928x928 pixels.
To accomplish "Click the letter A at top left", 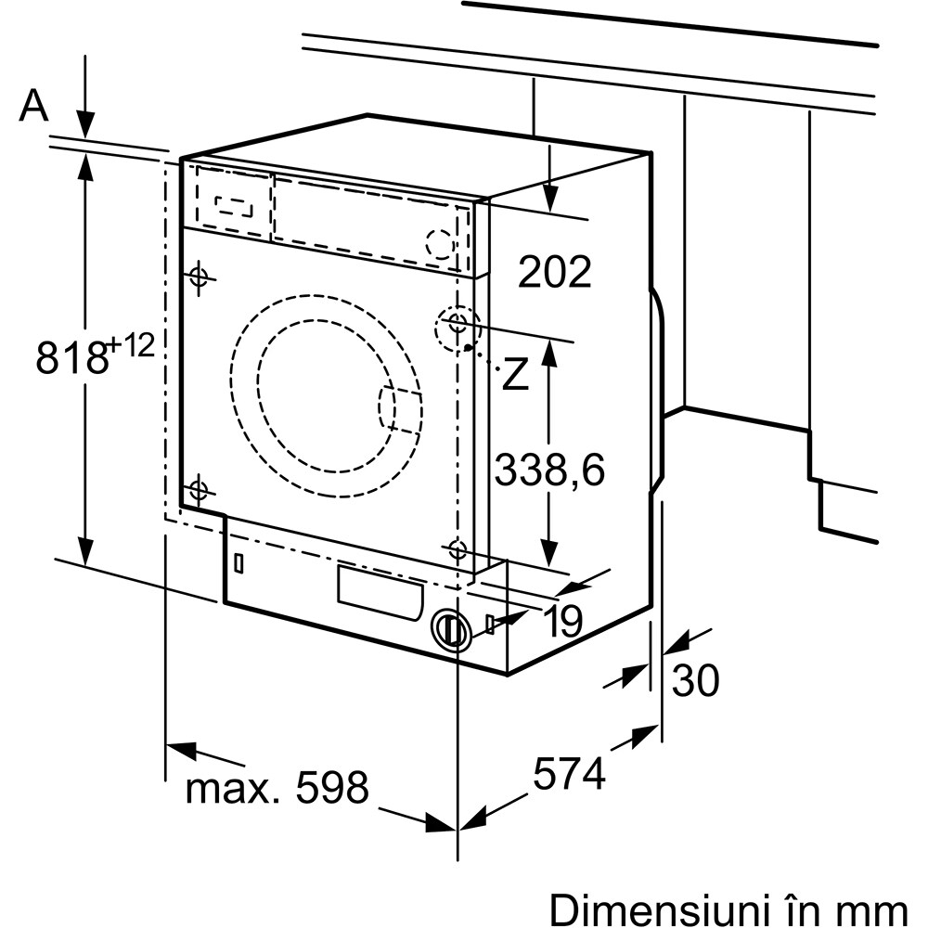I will [x=33, y=107].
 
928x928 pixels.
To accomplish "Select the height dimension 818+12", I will [x=92, y=354].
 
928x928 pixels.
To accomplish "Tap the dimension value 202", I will [x=554, y=272].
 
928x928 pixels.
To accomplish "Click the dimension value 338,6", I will [x=548, y=470].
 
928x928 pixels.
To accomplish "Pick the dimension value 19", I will [x=562, y=622].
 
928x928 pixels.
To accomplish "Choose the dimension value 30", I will [x=695, y=681].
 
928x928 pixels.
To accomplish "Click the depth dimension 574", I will [x=570, y=772].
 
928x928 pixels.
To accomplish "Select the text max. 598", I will [x=277, y=789].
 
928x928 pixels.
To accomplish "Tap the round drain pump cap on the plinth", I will [x=452, y=630].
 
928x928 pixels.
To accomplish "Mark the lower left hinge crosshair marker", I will [x=198, y=489].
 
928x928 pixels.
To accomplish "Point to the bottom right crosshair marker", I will [x=457, y=549].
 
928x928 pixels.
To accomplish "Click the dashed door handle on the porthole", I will [x=400, y=408].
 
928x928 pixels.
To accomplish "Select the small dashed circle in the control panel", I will [x=440, y=243].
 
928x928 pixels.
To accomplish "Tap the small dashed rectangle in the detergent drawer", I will [x=233, y=205].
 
